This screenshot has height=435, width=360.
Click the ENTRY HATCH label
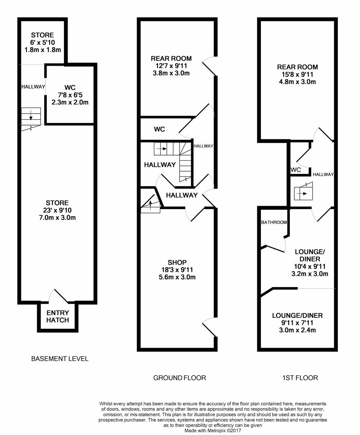tap(58, 316)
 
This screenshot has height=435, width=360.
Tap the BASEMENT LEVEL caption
tap(60, 358)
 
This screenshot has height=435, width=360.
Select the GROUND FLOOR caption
tap(180, 378)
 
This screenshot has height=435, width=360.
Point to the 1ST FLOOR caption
tap(300, 378)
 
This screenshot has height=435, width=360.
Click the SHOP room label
tap(178, 263)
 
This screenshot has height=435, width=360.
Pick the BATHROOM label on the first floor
tap(274, 222)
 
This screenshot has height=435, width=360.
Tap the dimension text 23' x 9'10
tap(57, 210)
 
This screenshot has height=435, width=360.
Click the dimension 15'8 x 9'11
tap(297, 75)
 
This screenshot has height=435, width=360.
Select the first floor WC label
tap(296, 170)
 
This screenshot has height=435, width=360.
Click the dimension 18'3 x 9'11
tap(178, 270)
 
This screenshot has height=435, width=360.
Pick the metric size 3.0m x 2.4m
tap(297, 330)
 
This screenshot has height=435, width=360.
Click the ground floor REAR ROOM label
tap(171, 58)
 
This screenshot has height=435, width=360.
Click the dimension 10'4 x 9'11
tap(310, 266)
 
